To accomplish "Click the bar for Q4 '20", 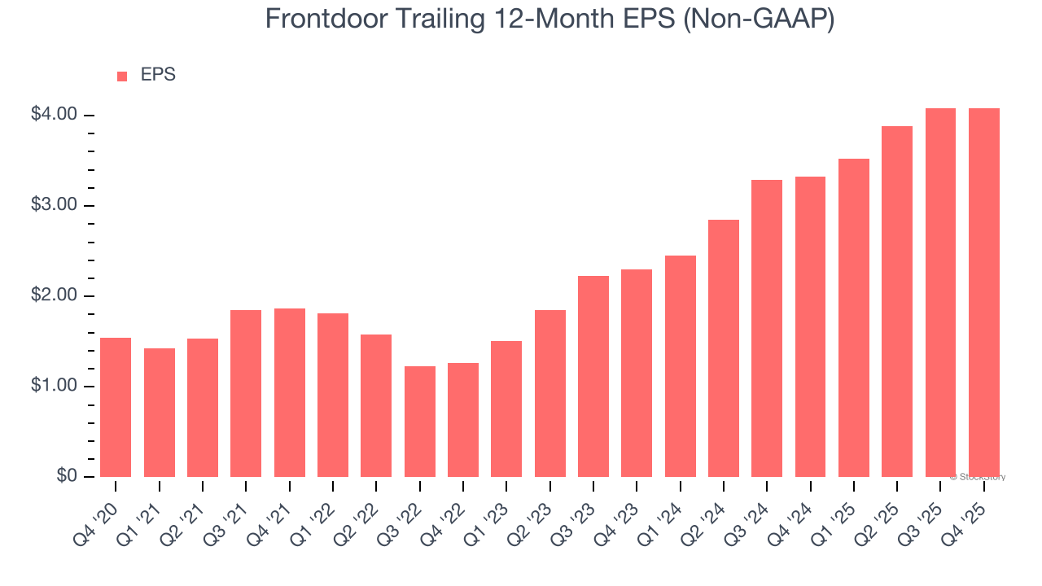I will pyautogui.click(x=116, y=407).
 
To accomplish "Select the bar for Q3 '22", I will pyautogui.click(x=419, y=422).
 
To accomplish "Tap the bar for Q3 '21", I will pyautogui.click(x=246, y=393).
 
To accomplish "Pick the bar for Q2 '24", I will pyautogui.click(x=724, y=348).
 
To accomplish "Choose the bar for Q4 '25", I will pyautogui.click(x=984, y=292).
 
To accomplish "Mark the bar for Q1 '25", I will pyautogui.click(x=854, y=317).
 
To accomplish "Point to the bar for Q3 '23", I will pyautogui.click(x=593, y=376).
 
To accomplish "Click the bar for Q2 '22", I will pyautogui.click(x=376, y=405).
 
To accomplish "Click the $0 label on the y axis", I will pyautogui.click(x=66, y=476).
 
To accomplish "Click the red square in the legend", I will pyautogui.click(x=122, y=77).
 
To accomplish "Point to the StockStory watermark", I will pyautogui.click(x=978, y=477).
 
